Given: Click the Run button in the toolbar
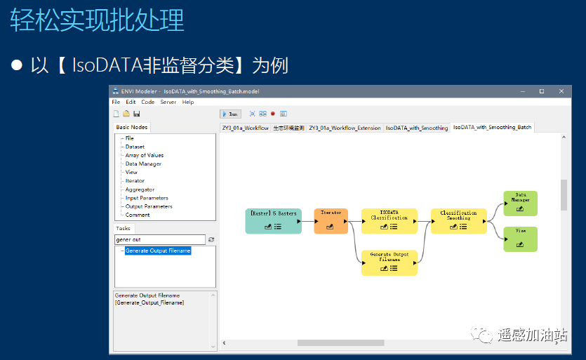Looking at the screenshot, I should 230,114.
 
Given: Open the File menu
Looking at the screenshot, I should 116,102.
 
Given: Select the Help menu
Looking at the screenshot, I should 188,102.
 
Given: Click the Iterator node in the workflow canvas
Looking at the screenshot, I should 331,220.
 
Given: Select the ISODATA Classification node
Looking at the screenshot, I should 389,220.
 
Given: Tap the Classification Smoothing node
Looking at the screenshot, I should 458,220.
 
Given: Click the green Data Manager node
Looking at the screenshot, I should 520,203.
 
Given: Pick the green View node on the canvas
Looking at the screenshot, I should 520,239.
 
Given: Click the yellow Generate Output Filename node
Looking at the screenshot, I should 389,262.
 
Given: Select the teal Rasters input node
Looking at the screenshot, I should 273,220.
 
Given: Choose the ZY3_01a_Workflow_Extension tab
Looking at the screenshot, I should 345,128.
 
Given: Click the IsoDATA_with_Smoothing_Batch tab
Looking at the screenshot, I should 492,127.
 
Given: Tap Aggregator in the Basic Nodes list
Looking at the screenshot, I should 140,189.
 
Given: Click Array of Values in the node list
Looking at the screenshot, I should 145,155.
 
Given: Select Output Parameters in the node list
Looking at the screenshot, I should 149,206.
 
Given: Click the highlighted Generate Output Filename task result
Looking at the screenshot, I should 158,251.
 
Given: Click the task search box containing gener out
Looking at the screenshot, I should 159,239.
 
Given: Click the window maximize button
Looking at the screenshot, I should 541,91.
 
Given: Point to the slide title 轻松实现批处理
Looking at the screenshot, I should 98,21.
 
